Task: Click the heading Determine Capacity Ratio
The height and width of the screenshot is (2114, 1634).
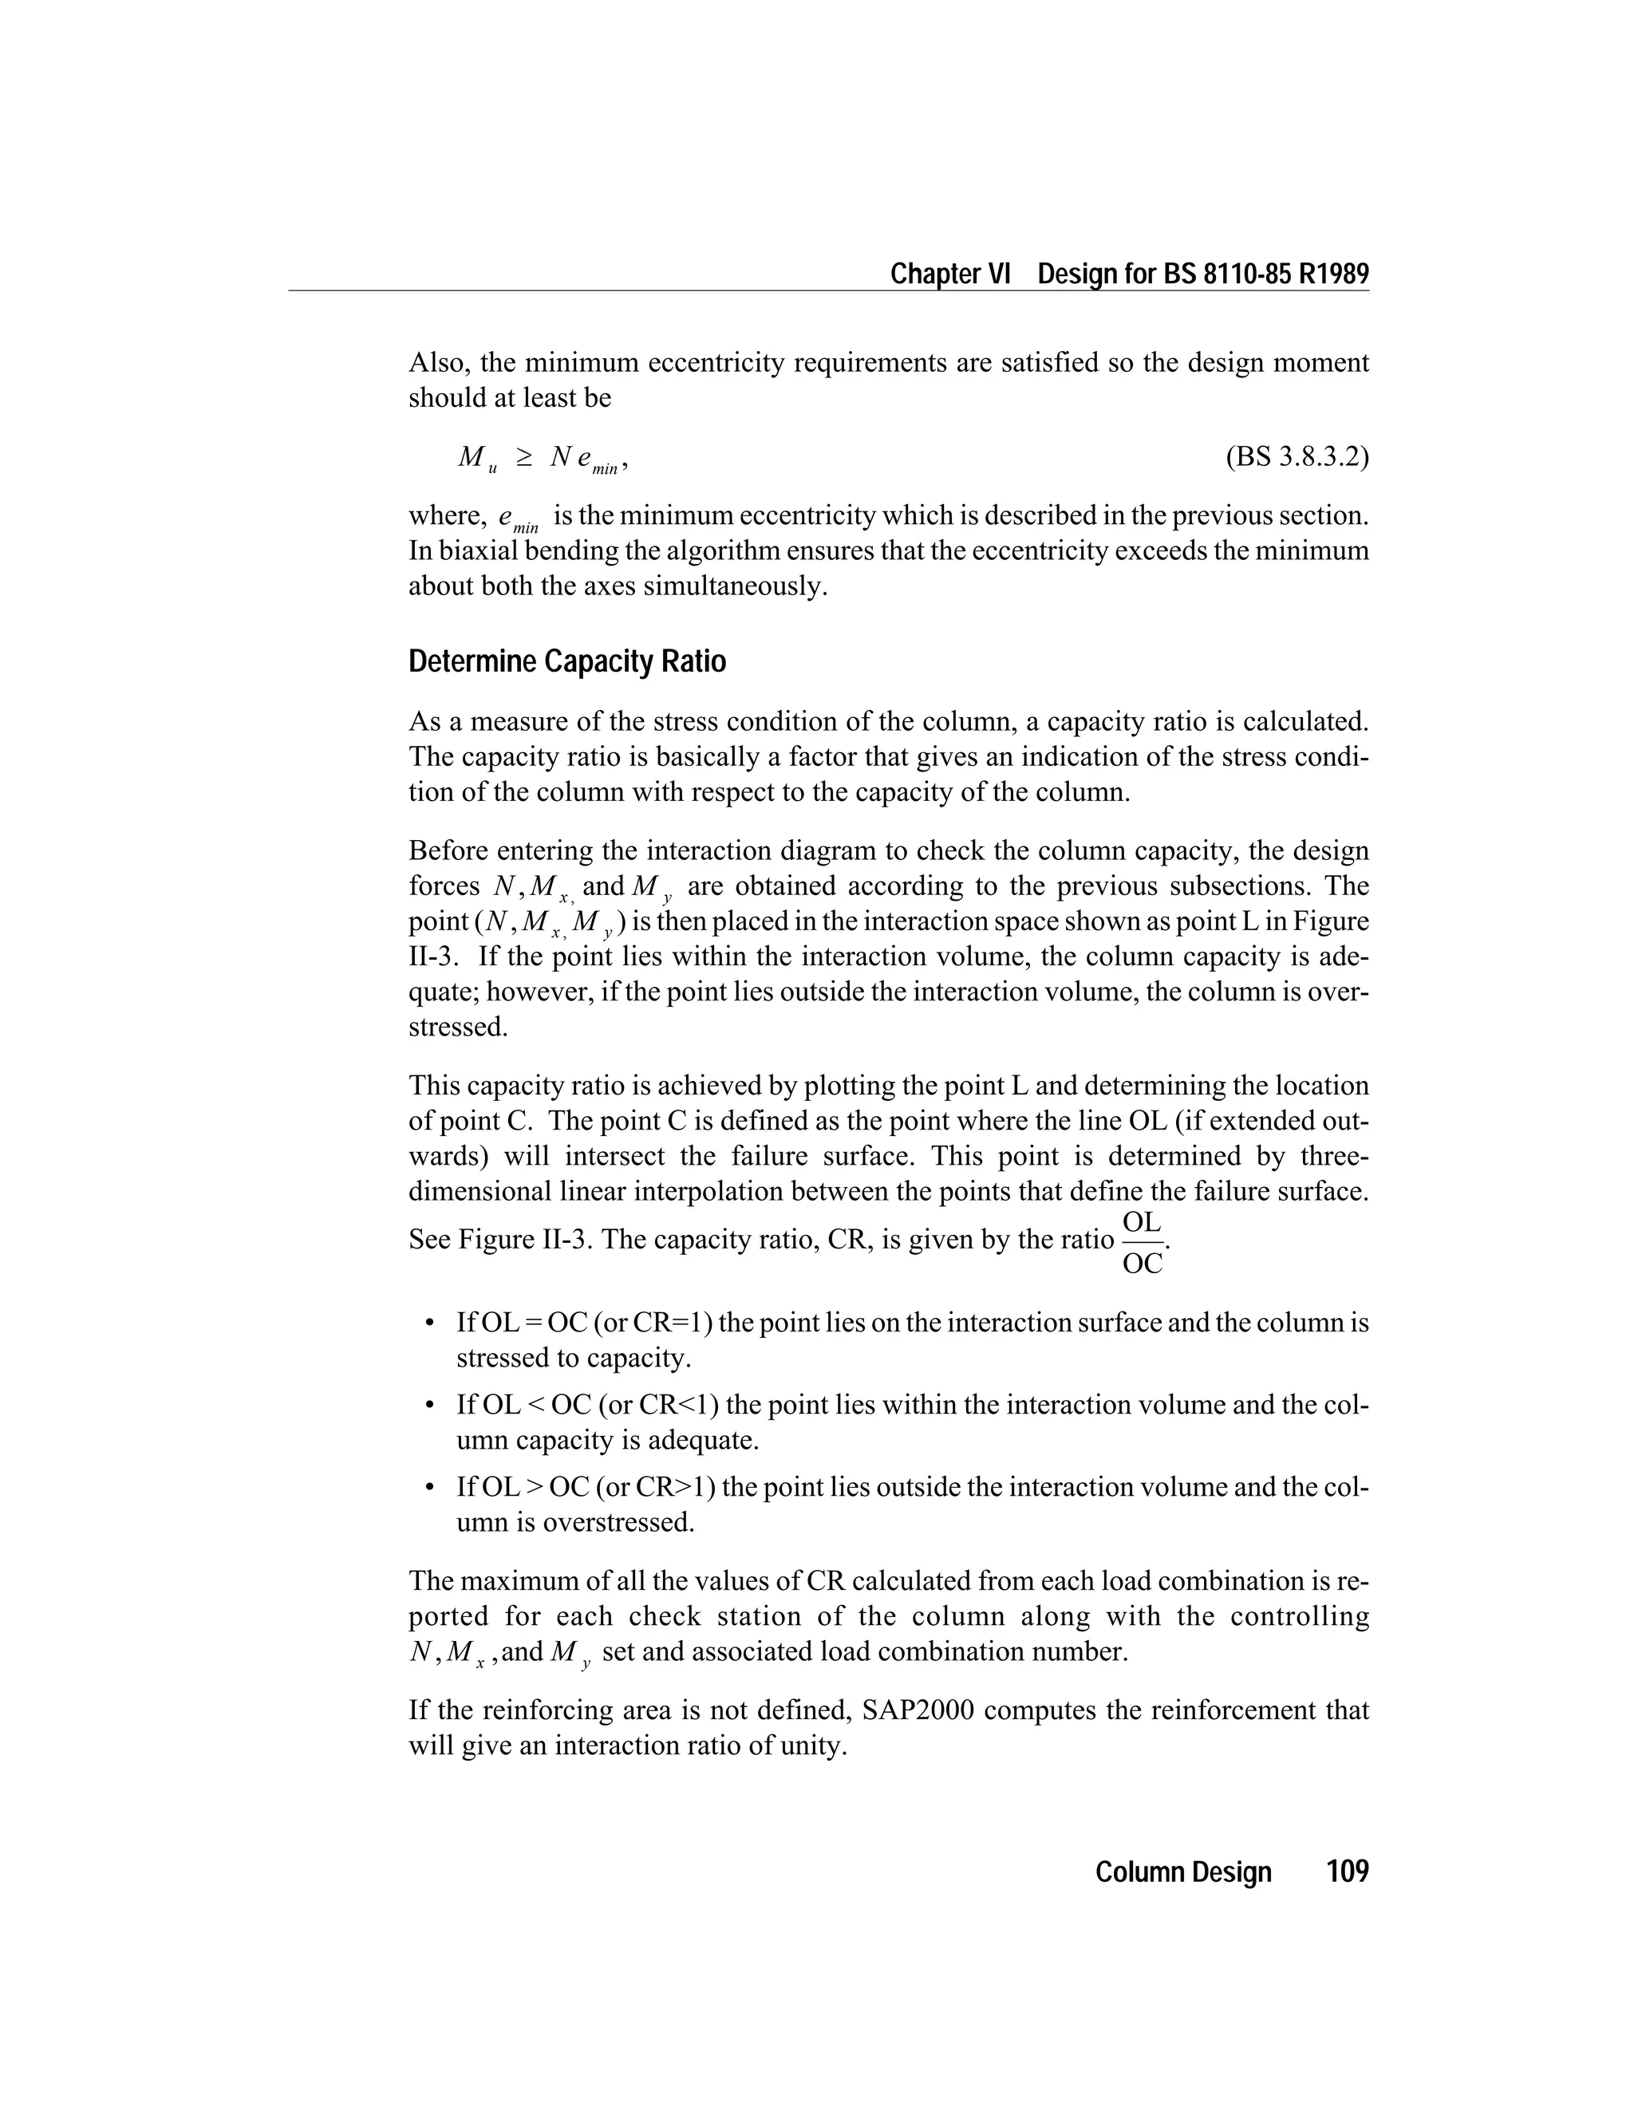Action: [566, 662]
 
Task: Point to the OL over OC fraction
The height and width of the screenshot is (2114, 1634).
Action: [1143, 1242]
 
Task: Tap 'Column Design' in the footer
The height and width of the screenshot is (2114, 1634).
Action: [1183, 1872]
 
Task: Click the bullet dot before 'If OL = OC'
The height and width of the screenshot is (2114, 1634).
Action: [428, 1323]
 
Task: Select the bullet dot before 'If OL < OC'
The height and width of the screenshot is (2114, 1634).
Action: [428, 1406]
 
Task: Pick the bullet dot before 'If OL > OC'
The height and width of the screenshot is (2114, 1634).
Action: [428, 1487]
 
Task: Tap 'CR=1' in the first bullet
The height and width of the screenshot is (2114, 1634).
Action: [670, 1323]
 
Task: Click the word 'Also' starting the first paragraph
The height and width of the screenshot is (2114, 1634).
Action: [436, 363]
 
